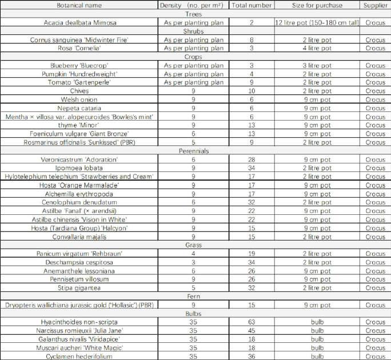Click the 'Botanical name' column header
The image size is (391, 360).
click(79, 5)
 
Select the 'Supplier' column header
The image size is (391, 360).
click(376, 5)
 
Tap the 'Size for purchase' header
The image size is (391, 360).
click(317, 5)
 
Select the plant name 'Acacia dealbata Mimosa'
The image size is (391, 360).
click(79, 22)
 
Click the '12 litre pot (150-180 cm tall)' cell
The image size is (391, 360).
click(317, 22)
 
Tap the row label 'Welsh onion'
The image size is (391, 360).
click(79, 99)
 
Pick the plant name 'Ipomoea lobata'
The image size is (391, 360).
click(79, 169)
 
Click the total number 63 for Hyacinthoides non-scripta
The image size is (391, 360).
click(252, 322)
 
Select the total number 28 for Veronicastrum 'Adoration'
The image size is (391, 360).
click(252, 160)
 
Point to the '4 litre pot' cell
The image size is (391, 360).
click(317, 48)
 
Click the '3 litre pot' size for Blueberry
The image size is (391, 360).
click(317, 65)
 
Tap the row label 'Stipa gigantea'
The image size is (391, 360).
click(79, 288)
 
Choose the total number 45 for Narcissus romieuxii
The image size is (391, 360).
click(252, 331)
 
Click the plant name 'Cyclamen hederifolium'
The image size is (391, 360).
click(79, 356)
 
